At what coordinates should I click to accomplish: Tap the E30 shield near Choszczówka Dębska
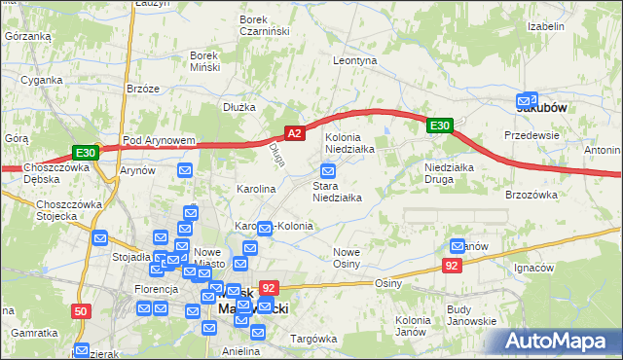(85, 153)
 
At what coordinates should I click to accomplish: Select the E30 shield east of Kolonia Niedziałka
(439, 126)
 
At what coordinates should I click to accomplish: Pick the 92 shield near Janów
(451, 264)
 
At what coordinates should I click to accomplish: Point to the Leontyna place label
(354, 60)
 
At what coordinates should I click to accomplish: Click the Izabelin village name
(546, 26)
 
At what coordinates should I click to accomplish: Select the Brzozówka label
(531, 195)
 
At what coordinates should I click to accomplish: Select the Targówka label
(312, 339)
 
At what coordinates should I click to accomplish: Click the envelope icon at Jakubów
(530, 99)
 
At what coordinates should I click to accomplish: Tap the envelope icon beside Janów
(458, 247)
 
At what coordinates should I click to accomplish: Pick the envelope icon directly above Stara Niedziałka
(328, 171)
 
